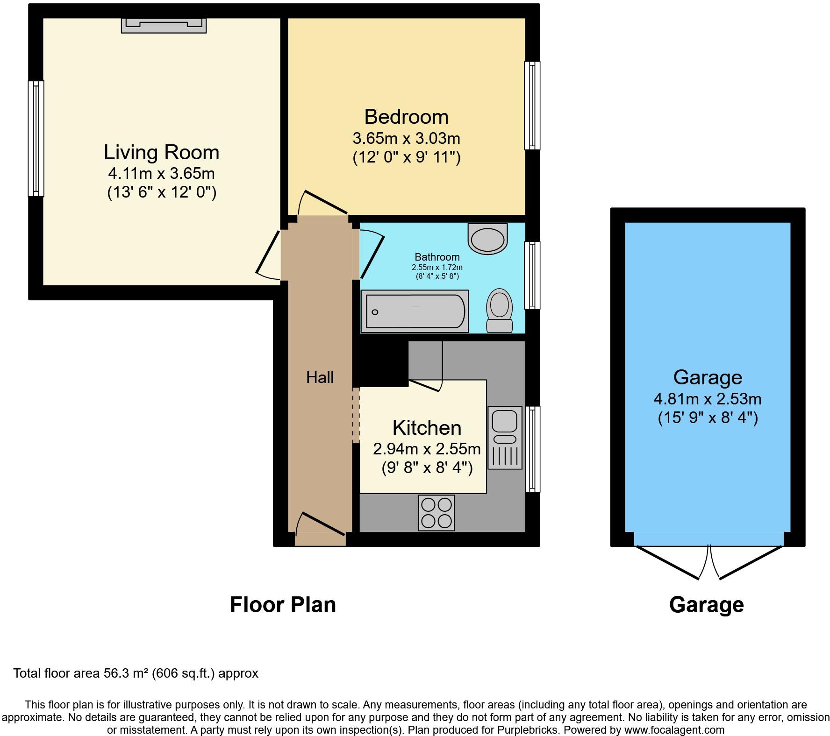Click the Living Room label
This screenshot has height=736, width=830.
[161, 153]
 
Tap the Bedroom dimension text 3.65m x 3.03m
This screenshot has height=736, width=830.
[406, 138]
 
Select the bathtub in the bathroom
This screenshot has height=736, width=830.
[415, 311]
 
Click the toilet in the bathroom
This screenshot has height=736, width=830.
[499, 311]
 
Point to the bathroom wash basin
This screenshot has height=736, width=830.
[487, 239]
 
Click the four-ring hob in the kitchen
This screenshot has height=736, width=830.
[436, 512]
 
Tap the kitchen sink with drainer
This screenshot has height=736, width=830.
[505, 437]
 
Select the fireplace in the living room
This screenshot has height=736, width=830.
[164, 25]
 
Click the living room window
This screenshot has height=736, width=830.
[36, 138]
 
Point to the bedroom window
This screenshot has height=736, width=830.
[532, 106]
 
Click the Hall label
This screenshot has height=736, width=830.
[320, 377]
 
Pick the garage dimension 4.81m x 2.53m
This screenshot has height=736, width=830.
[707, 399]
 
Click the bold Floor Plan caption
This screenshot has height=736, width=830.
[283, 605]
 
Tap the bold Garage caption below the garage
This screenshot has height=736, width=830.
[706, 605]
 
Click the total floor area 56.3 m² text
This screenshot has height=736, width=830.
[136, 673]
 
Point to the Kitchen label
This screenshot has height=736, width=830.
[427, 428]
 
